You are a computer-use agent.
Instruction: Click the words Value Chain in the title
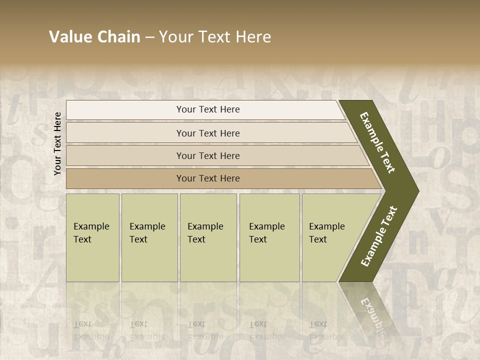[x=94, y=37]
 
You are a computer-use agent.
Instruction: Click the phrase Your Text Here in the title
[x=215, y=37]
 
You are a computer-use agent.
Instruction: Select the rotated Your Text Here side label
[x=57, y=143]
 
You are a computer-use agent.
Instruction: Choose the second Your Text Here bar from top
[x=207, y=133]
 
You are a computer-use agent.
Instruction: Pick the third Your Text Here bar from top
[x=207, y=155]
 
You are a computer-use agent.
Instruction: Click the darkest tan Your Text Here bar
[x=207, y=178]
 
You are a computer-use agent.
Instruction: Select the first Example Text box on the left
[x=92, y=237]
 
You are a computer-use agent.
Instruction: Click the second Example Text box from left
[x=149, y=237]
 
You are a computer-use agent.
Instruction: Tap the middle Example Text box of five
[x=208, y=237]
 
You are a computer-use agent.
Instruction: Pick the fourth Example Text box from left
[x=269, y=237]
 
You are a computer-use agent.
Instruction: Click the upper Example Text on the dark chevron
[x=377, y=142]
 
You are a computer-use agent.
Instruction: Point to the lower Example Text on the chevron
[x=379, y=236]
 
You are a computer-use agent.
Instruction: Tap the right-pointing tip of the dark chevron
[x=416, y=191]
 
